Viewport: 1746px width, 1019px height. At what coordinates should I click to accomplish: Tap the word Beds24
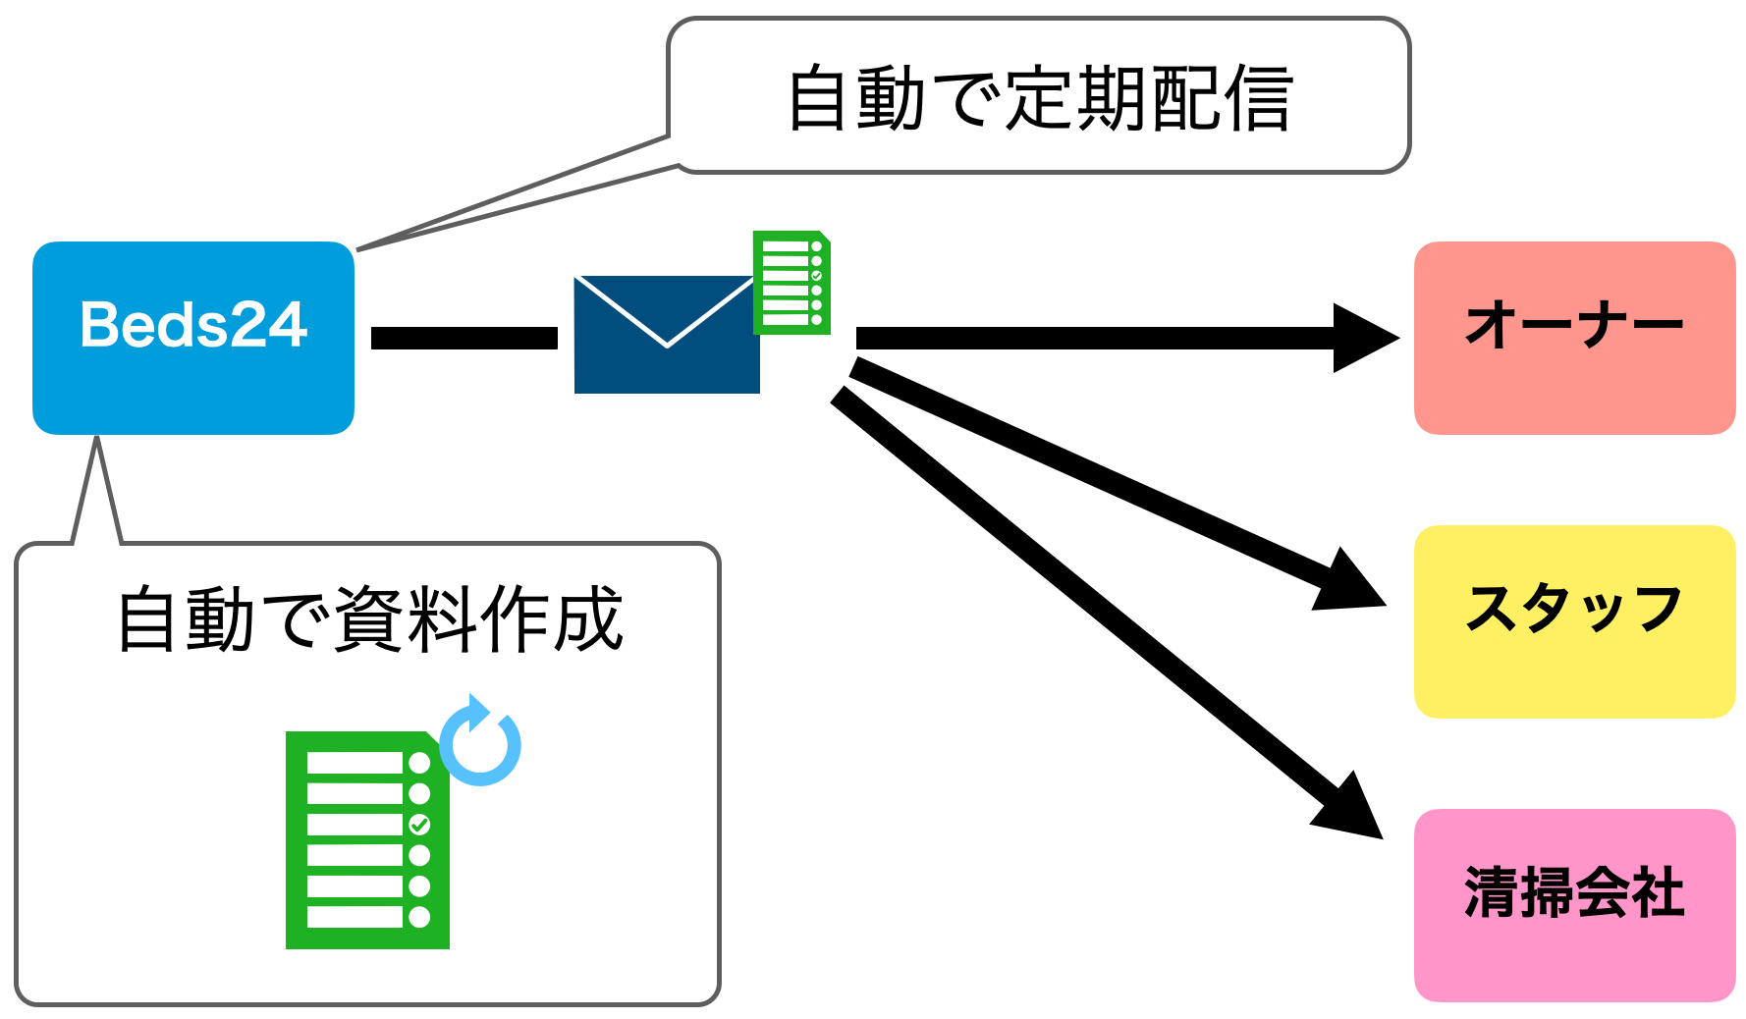[x=193, y=325]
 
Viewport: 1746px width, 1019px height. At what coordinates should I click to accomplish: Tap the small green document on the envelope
[x=791, y=283]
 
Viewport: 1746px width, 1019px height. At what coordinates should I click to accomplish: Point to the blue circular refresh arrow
[x=480, y=743]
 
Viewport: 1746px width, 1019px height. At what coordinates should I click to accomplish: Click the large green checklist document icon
[x=366, y=840]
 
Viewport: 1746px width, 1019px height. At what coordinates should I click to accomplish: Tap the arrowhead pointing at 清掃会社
[x=1351, y=807]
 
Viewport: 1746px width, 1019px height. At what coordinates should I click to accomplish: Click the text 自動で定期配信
[x=1039, y=98]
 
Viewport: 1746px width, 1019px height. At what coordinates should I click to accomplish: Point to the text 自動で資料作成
[x=370, y=619]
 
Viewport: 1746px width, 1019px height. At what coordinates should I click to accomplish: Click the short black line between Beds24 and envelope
[x=464, y=338]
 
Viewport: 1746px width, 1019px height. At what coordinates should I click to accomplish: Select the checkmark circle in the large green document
[x=419, y=825]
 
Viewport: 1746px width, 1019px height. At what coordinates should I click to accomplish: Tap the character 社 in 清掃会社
[x=1658, y=892]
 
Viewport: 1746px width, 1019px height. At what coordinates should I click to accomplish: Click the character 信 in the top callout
[x=1257, y=98]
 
